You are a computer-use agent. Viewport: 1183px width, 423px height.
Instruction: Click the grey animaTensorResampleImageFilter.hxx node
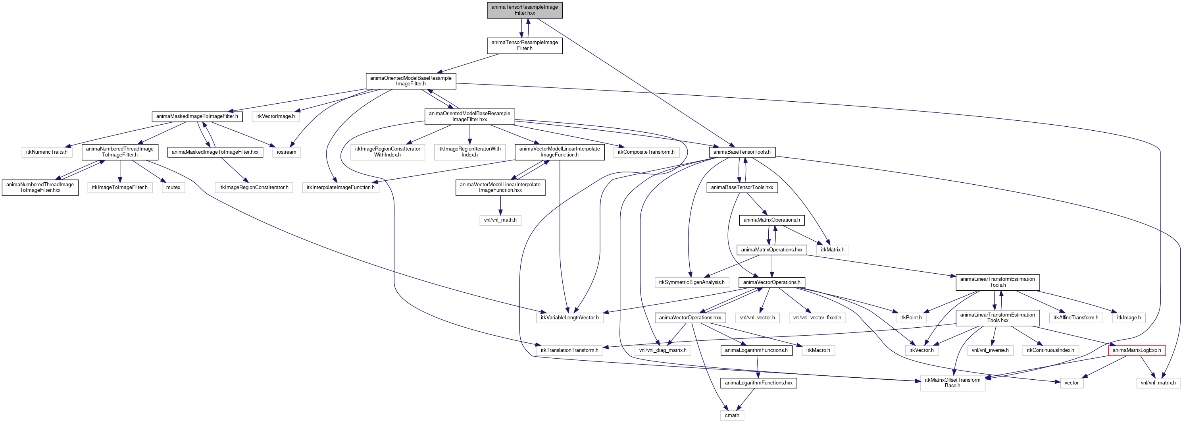click(525, 10)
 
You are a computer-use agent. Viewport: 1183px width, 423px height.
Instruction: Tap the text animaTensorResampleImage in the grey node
click(525, 7)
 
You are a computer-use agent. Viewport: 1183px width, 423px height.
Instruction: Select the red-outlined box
click(1137, 350)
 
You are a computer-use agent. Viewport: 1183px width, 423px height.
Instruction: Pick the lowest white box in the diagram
click(732, 415)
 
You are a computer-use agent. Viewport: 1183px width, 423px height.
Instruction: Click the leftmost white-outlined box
click(47, 152)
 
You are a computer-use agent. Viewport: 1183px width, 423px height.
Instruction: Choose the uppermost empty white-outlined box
click(275, 117)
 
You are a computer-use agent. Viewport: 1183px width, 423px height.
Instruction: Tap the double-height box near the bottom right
click(952, 383)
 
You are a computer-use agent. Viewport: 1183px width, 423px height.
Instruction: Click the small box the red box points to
click(1071, 383)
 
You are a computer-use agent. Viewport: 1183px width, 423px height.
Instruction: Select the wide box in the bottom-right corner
click(1158, 383)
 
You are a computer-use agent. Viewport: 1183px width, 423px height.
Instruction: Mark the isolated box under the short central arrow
click(500, 220)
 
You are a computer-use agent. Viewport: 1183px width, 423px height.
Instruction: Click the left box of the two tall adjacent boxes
click(388, 152)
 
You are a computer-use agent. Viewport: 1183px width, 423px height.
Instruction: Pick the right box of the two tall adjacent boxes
click(469, 152)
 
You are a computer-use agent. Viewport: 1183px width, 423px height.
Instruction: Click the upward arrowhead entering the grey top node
click(528, 21)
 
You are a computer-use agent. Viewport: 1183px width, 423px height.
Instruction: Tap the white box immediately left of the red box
click(1050, 350)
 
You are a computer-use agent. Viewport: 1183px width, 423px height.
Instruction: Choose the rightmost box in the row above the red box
click(1129, 318)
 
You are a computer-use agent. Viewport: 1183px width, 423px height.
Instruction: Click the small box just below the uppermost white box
click(287, 152)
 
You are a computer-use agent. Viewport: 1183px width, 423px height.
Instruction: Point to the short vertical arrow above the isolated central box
click(500, 205)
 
